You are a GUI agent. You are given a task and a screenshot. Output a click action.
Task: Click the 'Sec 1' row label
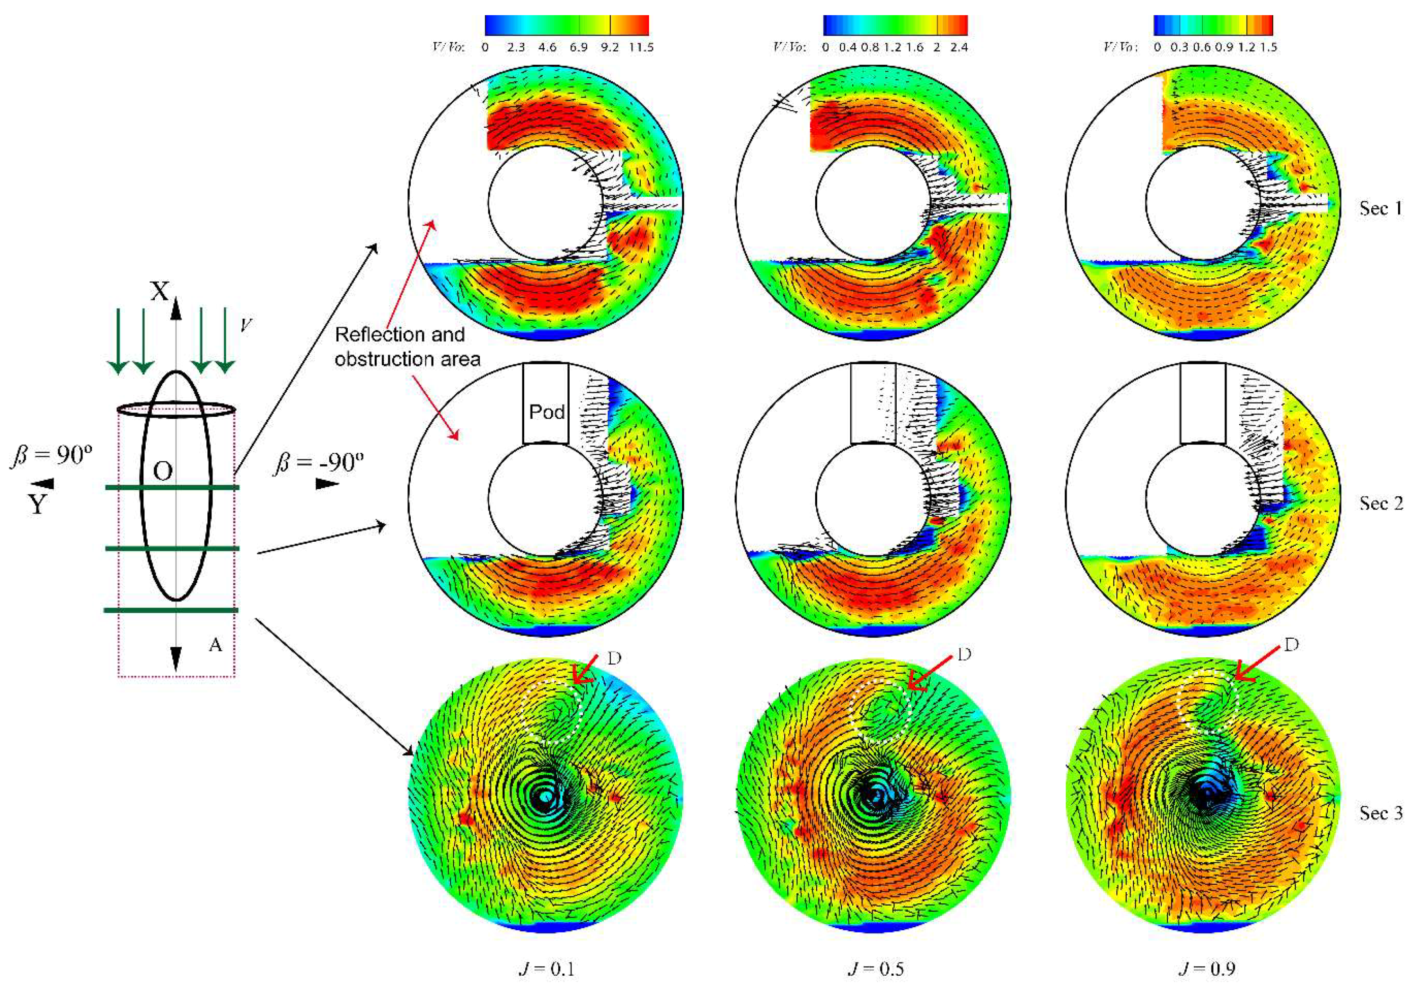pos(1380,208)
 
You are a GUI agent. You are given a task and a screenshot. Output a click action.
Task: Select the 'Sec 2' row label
pos(1380,503)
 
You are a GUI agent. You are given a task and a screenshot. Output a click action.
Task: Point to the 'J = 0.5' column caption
pos(875,969)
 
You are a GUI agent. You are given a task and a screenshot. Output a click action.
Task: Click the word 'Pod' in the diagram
pos(547,411)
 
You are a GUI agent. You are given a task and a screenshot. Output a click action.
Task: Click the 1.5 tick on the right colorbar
pos(1268,47)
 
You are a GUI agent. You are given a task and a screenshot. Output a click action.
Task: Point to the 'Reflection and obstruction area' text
pos(407,347)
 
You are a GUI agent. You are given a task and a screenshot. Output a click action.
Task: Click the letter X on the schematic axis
pos(160,291)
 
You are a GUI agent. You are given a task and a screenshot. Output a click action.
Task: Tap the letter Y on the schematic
pos(38,504)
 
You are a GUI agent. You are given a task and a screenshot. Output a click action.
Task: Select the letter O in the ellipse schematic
pos(162,471)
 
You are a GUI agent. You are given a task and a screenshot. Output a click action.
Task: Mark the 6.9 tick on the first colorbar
pos(578,47)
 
